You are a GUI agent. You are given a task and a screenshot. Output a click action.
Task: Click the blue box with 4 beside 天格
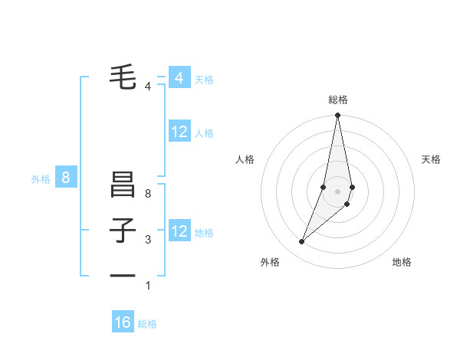point(179,78)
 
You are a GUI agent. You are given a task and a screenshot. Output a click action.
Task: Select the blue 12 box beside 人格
point(179,132)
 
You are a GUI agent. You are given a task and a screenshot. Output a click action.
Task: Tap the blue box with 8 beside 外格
point(66,178)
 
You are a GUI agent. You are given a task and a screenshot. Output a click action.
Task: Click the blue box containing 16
point(123,322)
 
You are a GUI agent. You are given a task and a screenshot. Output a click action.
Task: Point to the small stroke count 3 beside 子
point(148,240)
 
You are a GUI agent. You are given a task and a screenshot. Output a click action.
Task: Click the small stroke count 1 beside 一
point(148,286)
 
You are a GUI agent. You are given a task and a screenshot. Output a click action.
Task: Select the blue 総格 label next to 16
point(147,324)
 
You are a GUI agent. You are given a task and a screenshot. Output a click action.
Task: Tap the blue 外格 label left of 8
point(41,180)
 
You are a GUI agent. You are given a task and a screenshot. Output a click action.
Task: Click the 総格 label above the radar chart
point(338,100)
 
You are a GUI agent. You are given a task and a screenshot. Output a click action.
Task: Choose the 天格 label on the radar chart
point(432,159)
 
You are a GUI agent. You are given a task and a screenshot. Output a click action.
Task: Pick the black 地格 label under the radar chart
point(402,262)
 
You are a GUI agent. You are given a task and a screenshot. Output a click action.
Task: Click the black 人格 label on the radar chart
point(245,159)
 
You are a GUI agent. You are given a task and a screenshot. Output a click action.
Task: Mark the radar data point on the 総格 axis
point(337,116)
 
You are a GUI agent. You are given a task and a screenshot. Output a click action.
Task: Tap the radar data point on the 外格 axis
point(302,241)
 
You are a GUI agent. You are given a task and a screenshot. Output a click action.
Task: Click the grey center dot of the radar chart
point(337,191)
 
